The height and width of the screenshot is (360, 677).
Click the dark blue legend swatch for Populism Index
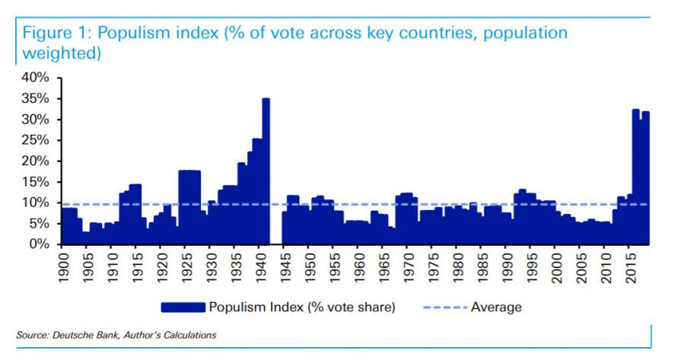[x=183, y=307]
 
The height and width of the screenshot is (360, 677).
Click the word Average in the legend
[x=497, y=307]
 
